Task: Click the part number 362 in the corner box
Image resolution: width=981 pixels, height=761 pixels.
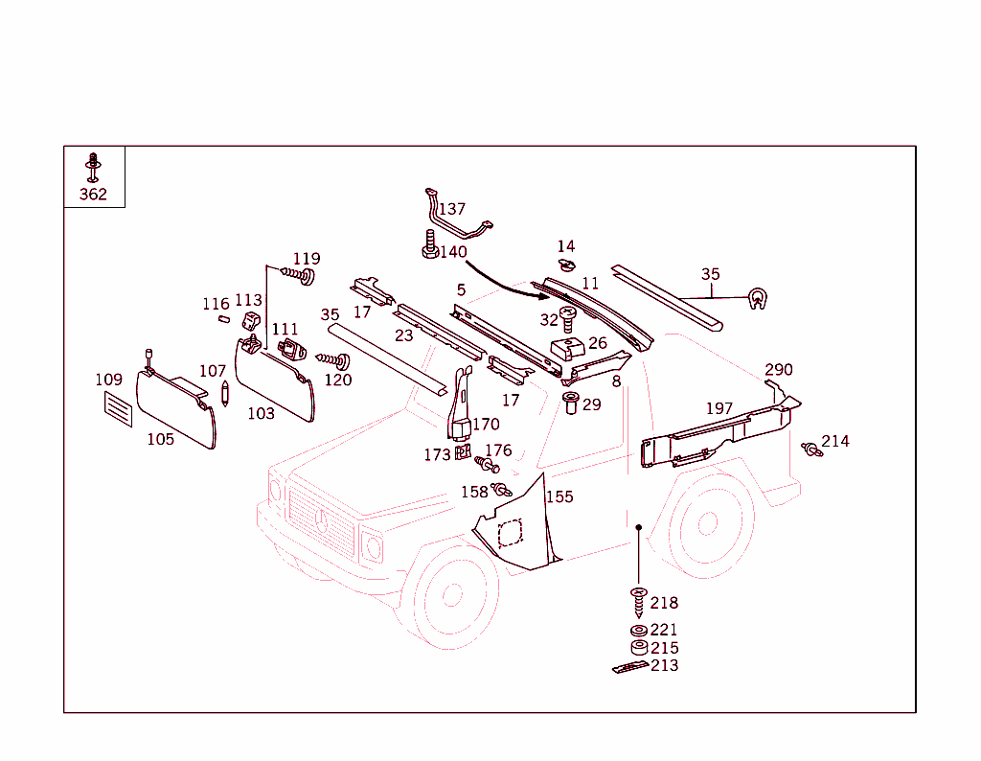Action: click(x=93, y=195)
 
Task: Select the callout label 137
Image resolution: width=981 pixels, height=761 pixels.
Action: click(x=452, y=209)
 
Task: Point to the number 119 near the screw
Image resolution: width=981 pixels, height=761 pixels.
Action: click(x=307, y=259)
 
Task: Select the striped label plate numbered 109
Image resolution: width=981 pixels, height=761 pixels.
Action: click(x=118, y=407)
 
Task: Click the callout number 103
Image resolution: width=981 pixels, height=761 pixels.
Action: click(x=261, y=413)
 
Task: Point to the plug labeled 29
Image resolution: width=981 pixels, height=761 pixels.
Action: click(x=571, y=403)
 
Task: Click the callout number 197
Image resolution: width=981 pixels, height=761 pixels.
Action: click(x=719, y=408)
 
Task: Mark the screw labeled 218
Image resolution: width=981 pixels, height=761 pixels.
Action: click(x=638, y=602)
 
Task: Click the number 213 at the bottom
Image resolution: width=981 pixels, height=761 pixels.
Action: click(x=664, y=665)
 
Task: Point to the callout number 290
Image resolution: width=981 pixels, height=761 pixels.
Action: click(x=779, y=370)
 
